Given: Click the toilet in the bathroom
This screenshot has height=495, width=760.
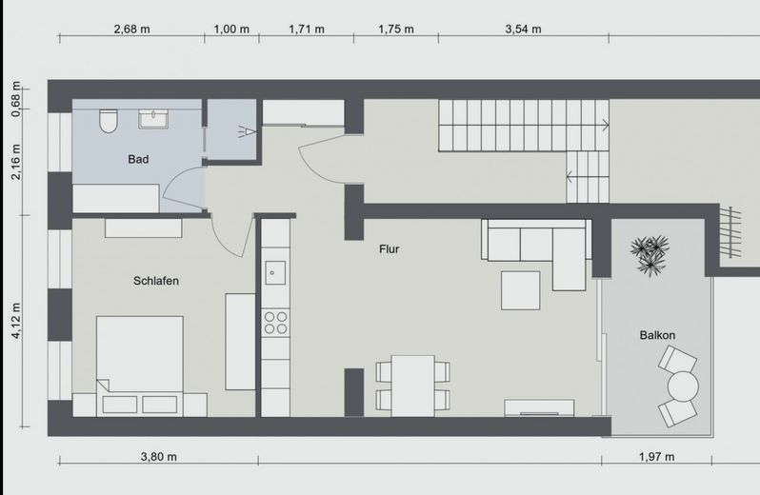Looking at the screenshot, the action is tap(109, 121).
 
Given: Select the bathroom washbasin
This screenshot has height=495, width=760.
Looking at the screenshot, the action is tap(153, 119).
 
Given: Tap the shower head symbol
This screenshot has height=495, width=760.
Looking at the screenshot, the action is tap(247, 131).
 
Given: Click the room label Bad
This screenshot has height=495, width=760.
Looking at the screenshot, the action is tap(138, 159).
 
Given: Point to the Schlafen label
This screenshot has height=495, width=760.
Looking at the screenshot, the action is tap(156, 281).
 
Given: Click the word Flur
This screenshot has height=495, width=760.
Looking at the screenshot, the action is tap(390, 249).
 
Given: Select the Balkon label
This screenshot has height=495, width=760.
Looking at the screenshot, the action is tap(657, 335).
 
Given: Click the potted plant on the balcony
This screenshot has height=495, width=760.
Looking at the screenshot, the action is tap(650, 255).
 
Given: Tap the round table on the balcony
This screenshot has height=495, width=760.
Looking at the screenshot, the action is tap(683, 386).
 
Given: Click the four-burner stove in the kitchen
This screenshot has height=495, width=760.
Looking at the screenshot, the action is tap(275, 323).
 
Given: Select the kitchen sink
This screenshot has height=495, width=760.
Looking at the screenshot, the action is tap(275, 272).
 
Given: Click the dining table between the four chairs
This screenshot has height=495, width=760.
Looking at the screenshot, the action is tap(413, 386).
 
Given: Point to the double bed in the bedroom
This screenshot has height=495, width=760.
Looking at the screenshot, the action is tap(140, 366).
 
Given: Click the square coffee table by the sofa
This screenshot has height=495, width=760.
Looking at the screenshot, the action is tap(521, 290).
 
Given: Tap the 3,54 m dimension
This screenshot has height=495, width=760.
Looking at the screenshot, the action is tap(524, 30).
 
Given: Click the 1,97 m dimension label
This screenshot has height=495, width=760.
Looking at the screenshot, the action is tap(657, 457).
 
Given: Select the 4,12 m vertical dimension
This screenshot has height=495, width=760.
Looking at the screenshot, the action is tap(16, 321).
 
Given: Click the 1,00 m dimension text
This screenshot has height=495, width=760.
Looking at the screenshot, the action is tap(231, 30).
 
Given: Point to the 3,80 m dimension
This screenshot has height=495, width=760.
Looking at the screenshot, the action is tap(159, 457).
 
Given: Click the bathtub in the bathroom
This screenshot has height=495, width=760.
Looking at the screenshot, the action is tap(116, 198).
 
